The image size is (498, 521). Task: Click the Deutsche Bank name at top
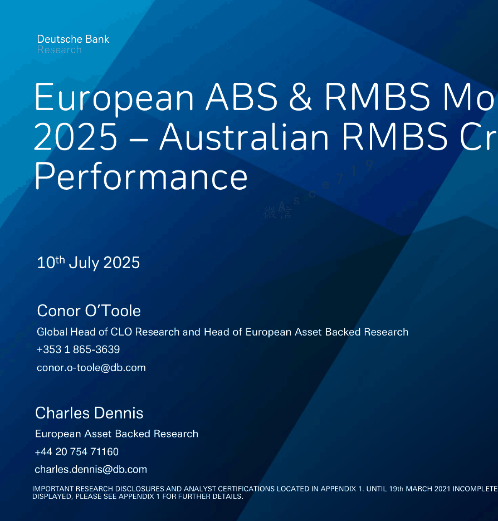(x=73, y=39)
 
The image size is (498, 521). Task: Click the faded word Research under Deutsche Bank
(x=59, y=50)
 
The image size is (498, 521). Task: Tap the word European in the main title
(x=114, y=98)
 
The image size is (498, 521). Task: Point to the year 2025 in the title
(x=76, y=137)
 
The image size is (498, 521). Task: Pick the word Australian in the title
(x=244, y=137)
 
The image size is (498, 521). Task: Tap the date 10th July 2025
(x=88, y=263)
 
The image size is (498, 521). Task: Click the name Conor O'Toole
(x=89, y=311)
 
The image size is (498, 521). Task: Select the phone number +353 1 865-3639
(x=78, y=349)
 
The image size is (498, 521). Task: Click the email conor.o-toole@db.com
(x=91, y=368)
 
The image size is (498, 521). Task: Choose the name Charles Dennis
(x=89, y=413)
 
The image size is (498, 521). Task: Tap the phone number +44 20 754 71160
(x=77, y=451)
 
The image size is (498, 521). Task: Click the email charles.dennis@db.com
(x=91, y=469)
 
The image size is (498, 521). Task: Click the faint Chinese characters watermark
(x=277, y=212)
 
